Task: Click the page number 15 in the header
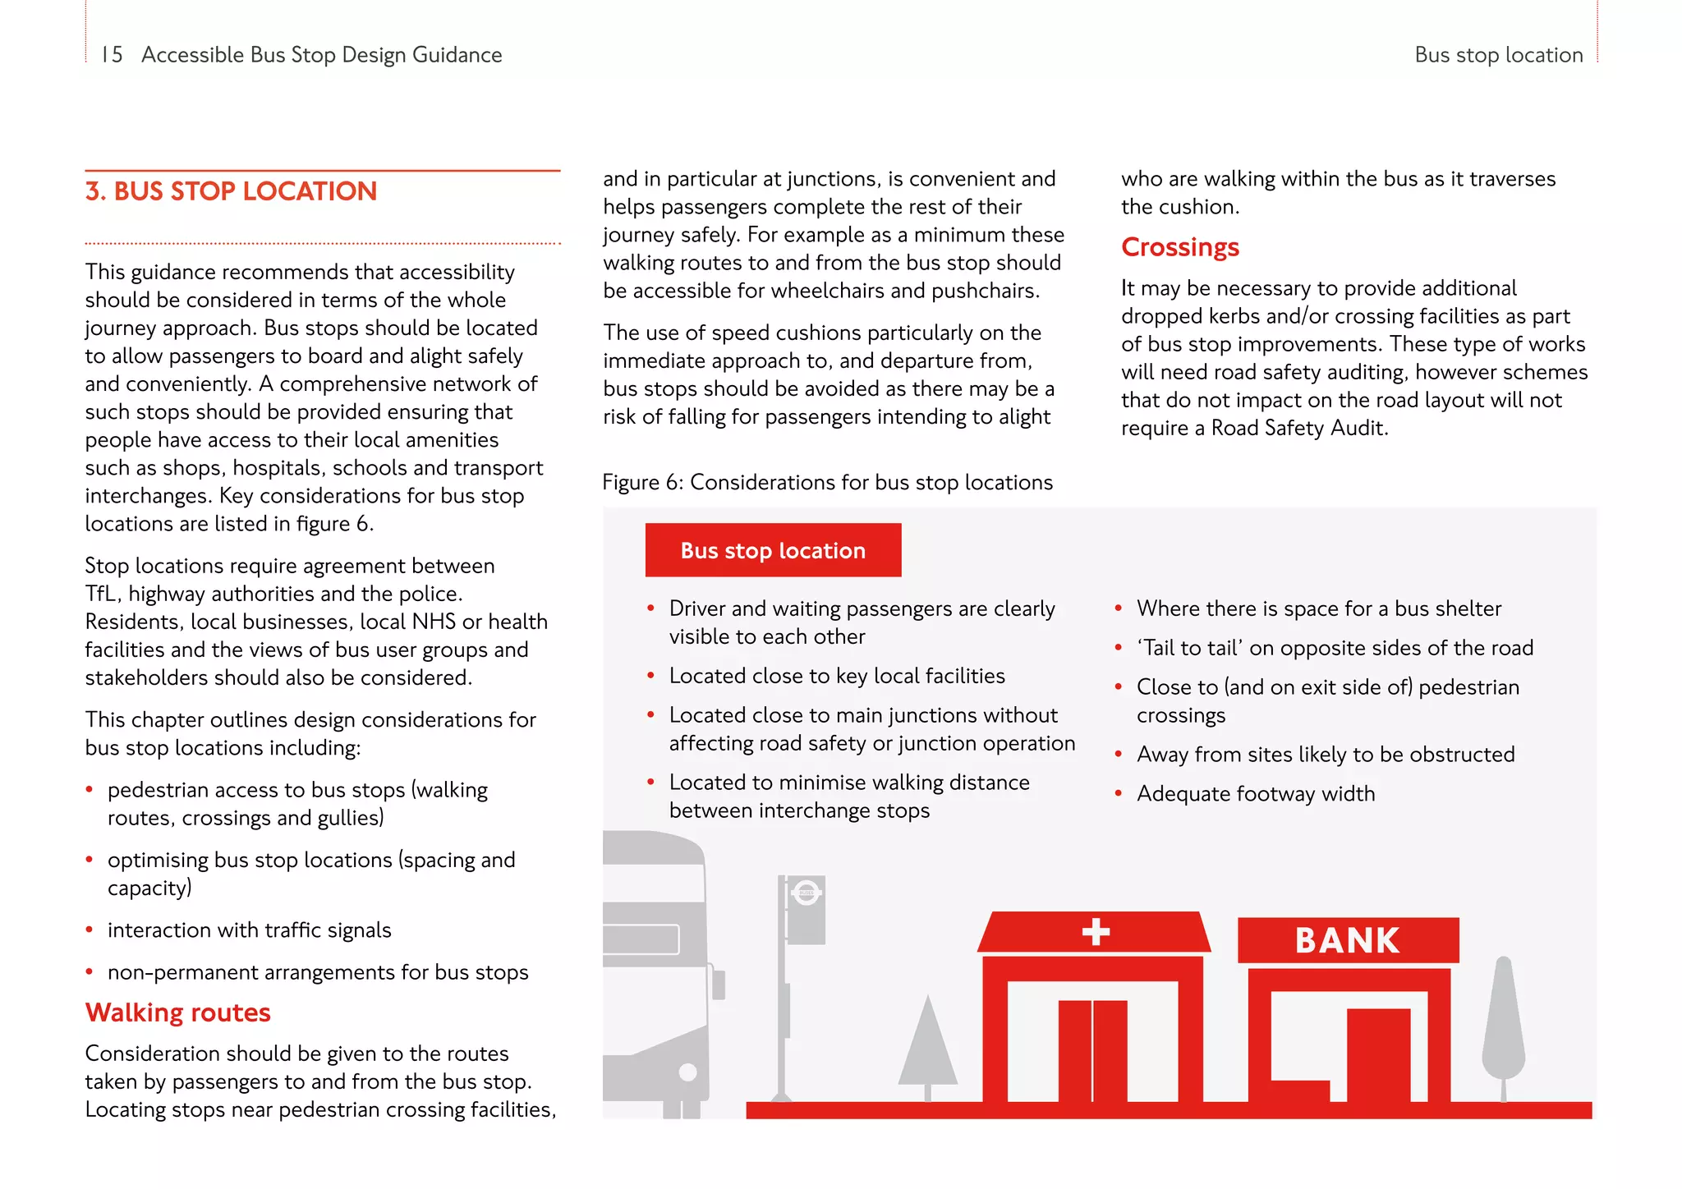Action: (x=112, y=55)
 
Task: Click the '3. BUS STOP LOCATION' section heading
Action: (x=231, y=191)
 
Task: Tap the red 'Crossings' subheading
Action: (x=1179, y=247)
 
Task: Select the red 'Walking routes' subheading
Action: (x=178, y=1012)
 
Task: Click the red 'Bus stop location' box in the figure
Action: (x=773, y=550)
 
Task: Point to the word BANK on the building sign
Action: (x=1347, y=941)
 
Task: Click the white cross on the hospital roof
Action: (x=1096, y=932)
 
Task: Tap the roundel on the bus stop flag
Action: (x=806, y=893)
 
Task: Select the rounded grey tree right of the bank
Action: (x=1503, y=1026)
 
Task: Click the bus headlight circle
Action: (x=688, y=1072)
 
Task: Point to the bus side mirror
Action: (x=719, y=984)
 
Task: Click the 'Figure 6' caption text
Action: (x=827, y=482)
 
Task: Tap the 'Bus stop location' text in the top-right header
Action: (x=1498, y=55)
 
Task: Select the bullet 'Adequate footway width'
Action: (x=1255, y=794)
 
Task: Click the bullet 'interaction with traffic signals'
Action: (x=249, y=930)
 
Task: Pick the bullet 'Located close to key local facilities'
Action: (x=836, y=676)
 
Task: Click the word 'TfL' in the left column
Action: (x=102, y=594)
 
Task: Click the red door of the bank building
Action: (x=1378, y=1055)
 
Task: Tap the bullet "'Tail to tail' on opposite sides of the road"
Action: (x=1335, y=648)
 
